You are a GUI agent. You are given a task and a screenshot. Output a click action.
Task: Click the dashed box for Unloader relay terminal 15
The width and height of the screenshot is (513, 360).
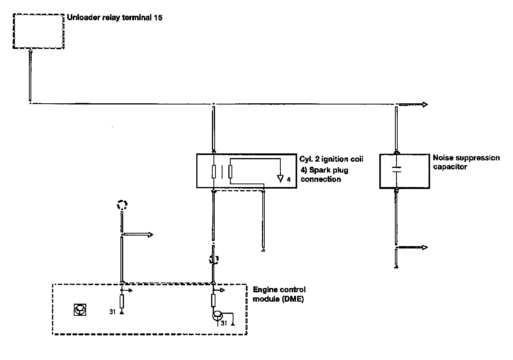point(38,31)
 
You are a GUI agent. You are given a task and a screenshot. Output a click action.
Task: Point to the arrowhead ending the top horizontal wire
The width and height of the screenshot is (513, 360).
point(425,104)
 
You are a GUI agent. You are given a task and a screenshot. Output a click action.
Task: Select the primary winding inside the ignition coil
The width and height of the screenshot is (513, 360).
point(214,172)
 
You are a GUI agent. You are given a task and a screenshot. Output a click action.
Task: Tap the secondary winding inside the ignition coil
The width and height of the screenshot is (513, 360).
point(230,172)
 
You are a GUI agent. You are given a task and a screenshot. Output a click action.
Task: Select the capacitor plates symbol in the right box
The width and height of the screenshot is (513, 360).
point(396,170)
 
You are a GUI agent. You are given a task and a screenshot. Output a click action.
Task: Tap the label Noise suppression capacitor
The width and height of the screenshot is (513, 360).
point(466,162)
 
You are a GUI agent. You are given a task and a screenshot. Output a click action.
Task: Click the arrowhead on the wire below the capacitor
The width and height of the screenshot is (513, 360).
point(425,247)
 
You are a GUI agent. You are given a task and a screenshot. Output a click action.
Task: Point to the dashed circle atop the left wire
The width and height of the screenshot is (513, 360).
point(122,205)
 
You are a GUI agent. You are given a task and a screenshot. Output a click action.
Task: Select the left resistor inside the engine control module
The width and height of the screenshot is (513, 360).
point(122,302)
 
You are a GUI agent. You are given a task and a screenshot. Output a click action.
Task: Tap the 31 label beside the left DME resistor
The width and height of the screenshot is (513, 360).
point(112,312)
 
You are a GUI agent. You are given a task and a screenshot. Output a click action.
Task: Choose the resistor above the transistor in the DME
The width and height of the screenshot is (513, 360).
point(213,301)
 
